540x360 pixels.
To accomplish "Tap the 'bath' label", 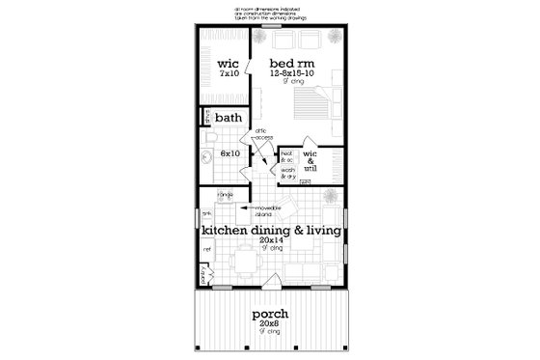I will (229, 119).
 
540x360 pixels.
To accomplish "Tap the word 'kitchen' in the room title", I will (225, 233).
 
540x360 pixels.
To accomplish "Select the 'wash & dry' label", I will (288, 173).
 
